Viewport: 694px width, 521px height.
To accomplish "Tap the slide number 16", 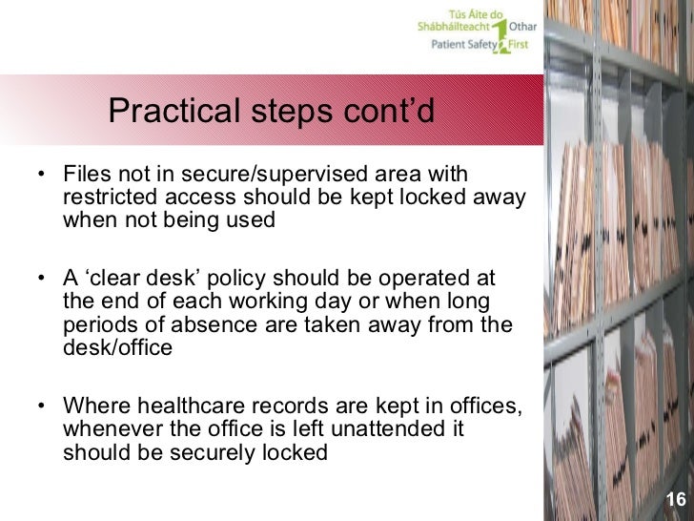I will click(x=676, y=501).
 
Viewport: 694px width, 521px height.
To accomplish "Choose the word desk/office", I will click(x=117, y=347).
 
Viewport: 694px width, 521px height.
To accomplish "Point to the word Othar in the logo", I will click(x=523, y=28).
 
